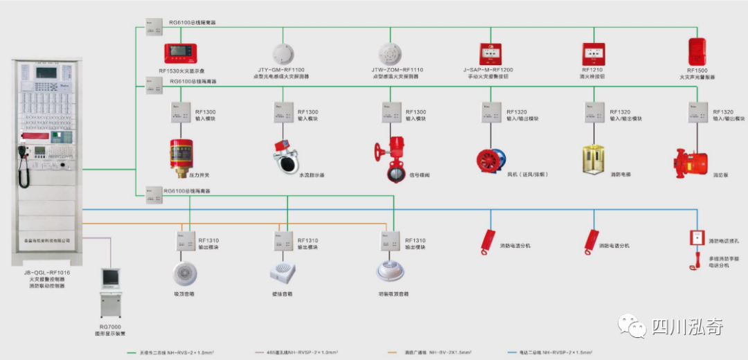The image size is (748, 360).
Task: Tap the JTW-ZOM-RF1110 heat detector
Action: (391, 54)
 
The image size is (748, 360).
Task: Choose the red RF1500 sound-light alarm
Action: (696, 52)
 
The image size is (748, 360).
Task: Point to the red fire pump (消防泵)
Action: (694, 161)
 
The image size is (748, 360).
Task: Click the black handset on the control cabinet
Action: (24, 170)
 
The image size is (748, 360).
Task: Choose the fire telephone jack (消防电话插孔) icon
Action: (697, 238)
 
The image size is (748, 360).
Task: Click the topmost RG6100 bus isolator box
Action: (154, 27)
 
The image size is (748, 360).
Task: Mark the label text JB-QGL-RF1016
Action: (47, 273)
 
